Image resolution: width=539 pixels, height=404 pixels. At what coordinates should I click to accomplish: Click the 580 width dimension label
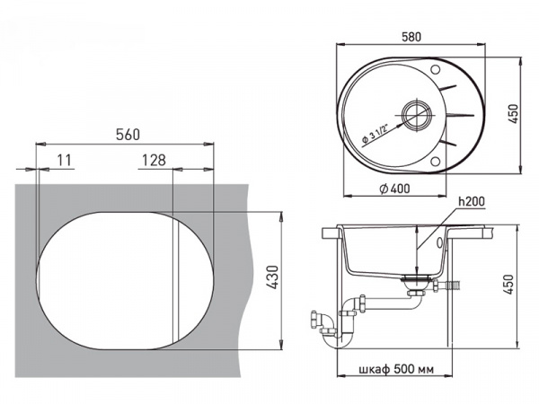click(x=411, y=37)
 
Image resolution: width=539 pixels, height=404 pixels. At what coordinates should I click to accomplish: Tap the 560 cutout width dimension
click(x=128, y=135)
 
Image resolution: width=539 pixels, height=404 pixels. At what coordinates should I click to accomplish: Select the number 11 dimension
click(x=65, y=160)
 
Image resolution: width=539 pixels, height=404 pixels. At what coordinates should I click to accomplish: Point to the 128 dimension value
click(x=154, y=160)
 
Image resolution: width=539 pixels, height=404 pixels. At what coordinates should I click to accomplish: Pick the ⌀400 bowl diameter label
click(x=394, y=189)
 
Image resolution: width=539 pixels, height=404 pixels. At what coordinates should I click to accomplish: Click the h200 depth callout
click(x=472, y=201)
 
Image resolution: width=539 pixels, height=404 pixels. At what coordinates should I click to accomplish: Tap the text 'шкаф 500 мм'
click(x=396, y=369)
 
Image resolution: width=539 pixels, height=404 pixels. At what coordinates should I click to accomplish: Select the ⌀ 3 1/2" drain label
click(x=375, y=134)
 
